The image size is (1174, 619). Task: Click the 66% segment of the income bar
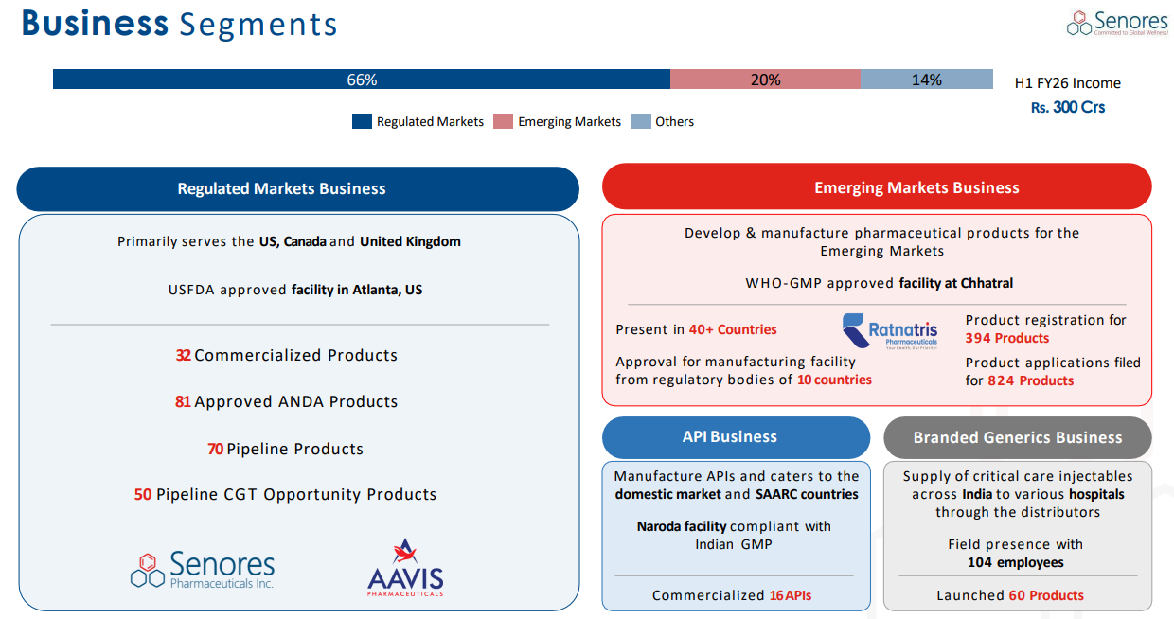click(361, 80)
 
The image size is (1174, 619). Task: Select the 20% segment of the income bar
click(765, 80)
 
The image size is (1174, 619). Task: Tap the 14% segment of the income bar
click(926, 80)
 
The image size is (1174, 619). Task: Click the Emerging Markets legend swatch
click(503, 121)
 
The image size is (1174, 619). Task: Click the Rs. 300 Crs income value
click(1068, 107)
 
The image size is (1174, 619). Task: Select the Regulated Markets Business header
click(297, 188)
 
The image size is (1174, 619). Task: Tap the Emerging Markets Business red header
click(877, 187)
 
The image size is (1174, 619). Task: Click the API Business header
click(736, 437)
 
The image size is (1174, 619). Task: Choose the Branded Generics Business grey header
click(1017, 437)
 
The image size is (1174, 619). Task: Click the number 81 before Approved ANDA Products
click(183, 401)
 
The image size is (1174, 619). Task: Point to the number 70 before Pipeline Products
click(215, 449)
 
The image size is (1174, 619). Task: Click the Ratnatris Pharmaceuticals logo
click(890, 332)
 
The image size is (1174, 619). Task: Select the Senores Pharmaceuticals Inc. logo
click(203, 570)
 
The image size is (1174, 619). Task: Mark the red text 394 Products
click(1007, 338)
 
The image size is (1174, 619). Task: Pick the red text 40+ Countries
click(732, 329)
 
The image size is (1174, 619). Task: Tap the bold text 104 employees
click(1015, 562)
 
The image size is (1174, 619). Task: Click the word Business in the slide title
click(95, 24)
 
